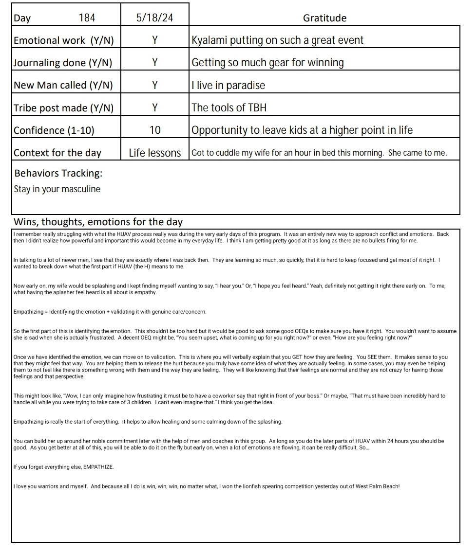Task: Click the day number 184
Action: click(x=87, y=18)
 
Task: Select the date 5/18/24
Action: click(x=154, y=18)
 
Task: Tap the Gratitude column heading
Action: click(x=324, y=18)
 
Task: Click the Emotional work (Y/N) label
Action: click(x=64, y=40)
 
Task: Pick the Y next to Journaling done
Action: click(x=154, y=63)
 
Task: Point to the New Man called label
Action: click(x=63, y=85)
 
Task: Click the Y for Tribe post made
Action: click(x=154, y=107)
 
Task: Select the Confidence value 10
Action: click(x=154, y=130)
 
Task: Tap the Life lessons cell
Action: click(x=154, y=153)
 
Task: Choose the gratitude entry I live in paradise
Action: click(x=228, y=85)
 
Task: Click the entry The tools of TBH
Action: click(x=229, y=107)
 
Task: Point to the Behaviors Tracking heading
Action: click(x=58, y=173)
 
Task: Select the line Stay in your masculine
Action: click(x=57, y=189)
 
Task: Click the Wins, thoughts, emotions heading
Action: click(x=98, y=222)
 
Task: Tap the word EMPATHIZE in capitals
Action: click(x=98, y=467)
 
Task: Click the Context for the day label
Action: click(x=57, y=153)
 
